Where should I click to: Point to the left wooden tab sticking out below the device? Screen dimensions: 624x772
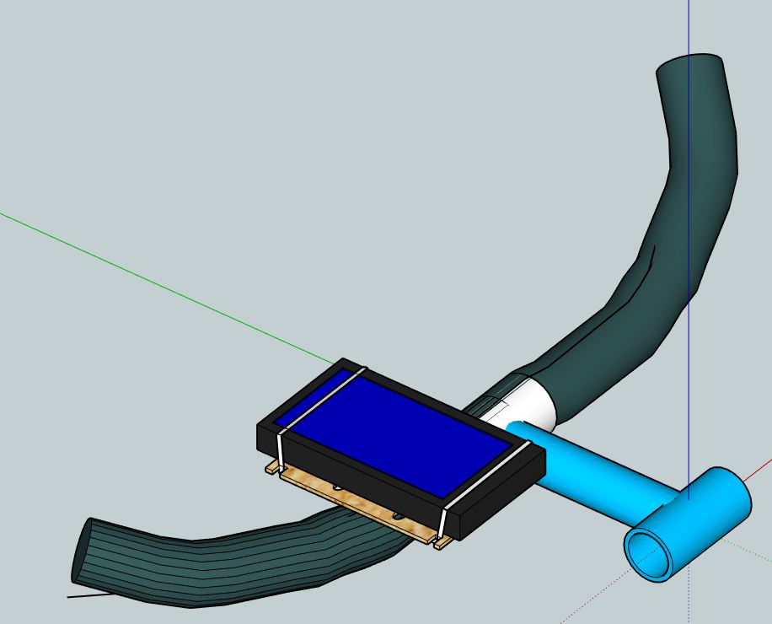point(271,467)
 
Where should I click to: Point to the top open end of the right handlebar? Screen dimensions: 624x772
point(689,64)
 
